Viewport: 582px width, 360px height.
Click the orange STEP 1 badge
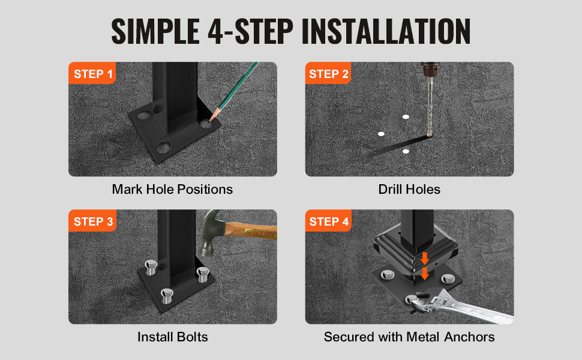point(92,73)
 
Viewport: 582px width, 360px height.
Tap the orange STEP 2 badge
point(328,73)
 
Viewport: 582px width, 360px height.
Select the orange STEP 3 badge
point(92,221)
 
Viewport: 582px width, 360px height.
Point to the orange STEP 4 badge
point(328,221)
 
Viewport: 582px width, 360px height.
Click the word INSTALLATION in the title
point(386,31)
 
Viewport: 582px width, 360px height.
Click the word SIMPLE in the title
point(155,31)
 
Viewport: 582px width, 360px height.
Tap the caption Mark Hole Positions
point(172,189)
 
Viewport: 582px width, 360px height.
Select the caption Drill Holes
point(409,189)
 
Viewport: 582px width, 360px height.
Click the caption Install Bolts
point(173,337)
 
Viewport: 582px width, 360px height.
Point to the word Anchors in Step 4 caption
point(469,337)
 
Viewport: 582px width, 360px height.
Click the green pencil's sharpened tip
point(211,119)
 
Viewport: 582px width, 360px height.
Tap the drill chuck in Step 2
point(430,71)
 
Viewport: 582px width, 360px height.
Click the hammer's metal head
point(211,234)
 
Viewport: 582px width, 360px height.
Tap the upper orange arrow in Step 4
point(425,259)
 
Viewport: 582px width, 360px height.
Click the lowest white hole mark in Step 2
point(406,151)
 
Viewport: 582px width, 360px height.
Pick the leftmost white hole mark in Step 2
point(381,134)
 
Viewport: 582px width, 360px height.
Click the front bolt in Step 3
point(167,296)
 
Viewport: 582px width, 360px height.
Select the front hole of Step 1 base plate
point(163,148)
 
